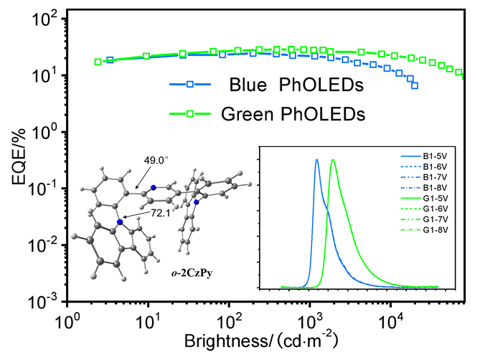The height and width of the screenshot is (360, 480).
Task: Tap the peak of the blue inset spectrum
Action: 316,160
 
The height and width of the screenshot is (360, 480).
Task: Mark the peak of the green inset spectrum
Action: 333,160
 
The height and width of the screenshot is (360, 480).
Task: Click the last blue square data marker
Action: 415,85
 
